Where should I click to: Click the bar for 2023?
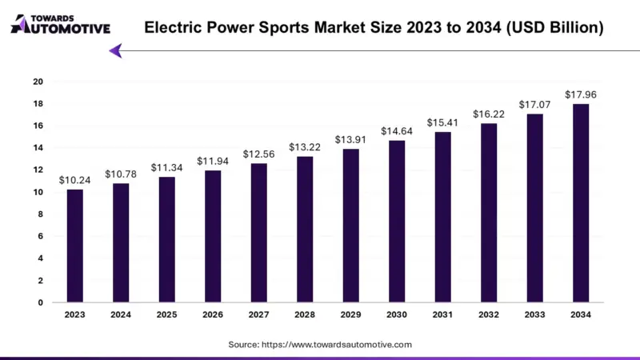[74, 246]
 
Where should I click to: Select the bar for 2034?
[580, 203]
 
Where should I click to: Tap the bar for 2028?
[304, 230]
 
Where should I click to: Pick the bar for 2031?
[442, 217]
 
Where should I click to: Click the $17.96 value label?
[580, 94]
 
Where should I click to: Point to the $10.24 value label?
[74, 180]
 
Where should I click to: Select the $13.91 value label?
[350, 139]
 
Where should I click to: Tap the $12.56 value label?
[258, 154]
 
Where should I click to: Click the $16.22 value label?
[488, 114]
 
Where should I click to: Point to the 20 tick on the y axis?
[38, 82]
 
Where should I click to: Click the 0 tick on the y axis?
[40, 302]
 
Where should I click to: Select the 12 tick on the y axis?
[38, 170]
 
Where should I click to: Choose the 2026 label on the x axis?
[212, 315]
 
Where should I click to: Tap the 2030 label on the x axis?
[396, 315]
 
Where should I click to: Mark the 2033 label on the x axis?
[534, 315]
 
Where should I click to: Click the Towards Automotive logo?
[60, 24]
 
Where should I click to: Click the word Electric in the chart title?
[170, 28]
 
